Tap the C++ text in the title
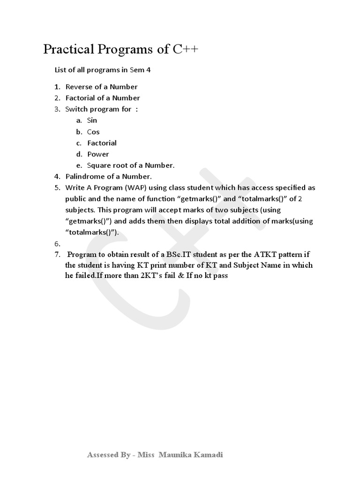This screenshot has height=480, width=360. click(x=186, y=50)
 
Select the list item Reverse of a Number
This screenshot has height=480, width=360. click(x=101, y=87)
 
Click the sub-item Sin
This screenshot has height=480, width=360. click(x=92, y=120)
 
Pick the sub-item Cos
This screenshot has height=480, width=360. click(x=93, y=132)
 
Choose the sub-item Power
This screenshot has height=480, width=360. click(x=98, y=154)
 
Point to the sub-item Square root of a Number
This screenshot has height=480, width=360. click(x=131, y=165)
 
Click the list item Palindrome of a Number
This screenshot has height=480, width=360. click(x=108, y=177)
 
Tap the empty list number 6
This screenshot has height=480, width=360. click(x=57, y=244)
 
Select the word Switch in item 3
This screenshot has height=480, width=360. click(x=76, y=109)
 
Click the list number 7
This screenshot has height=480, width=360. click(x=57, y=255)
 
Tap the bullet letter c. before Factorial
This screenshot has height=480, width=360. click(x=79, y=143)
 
